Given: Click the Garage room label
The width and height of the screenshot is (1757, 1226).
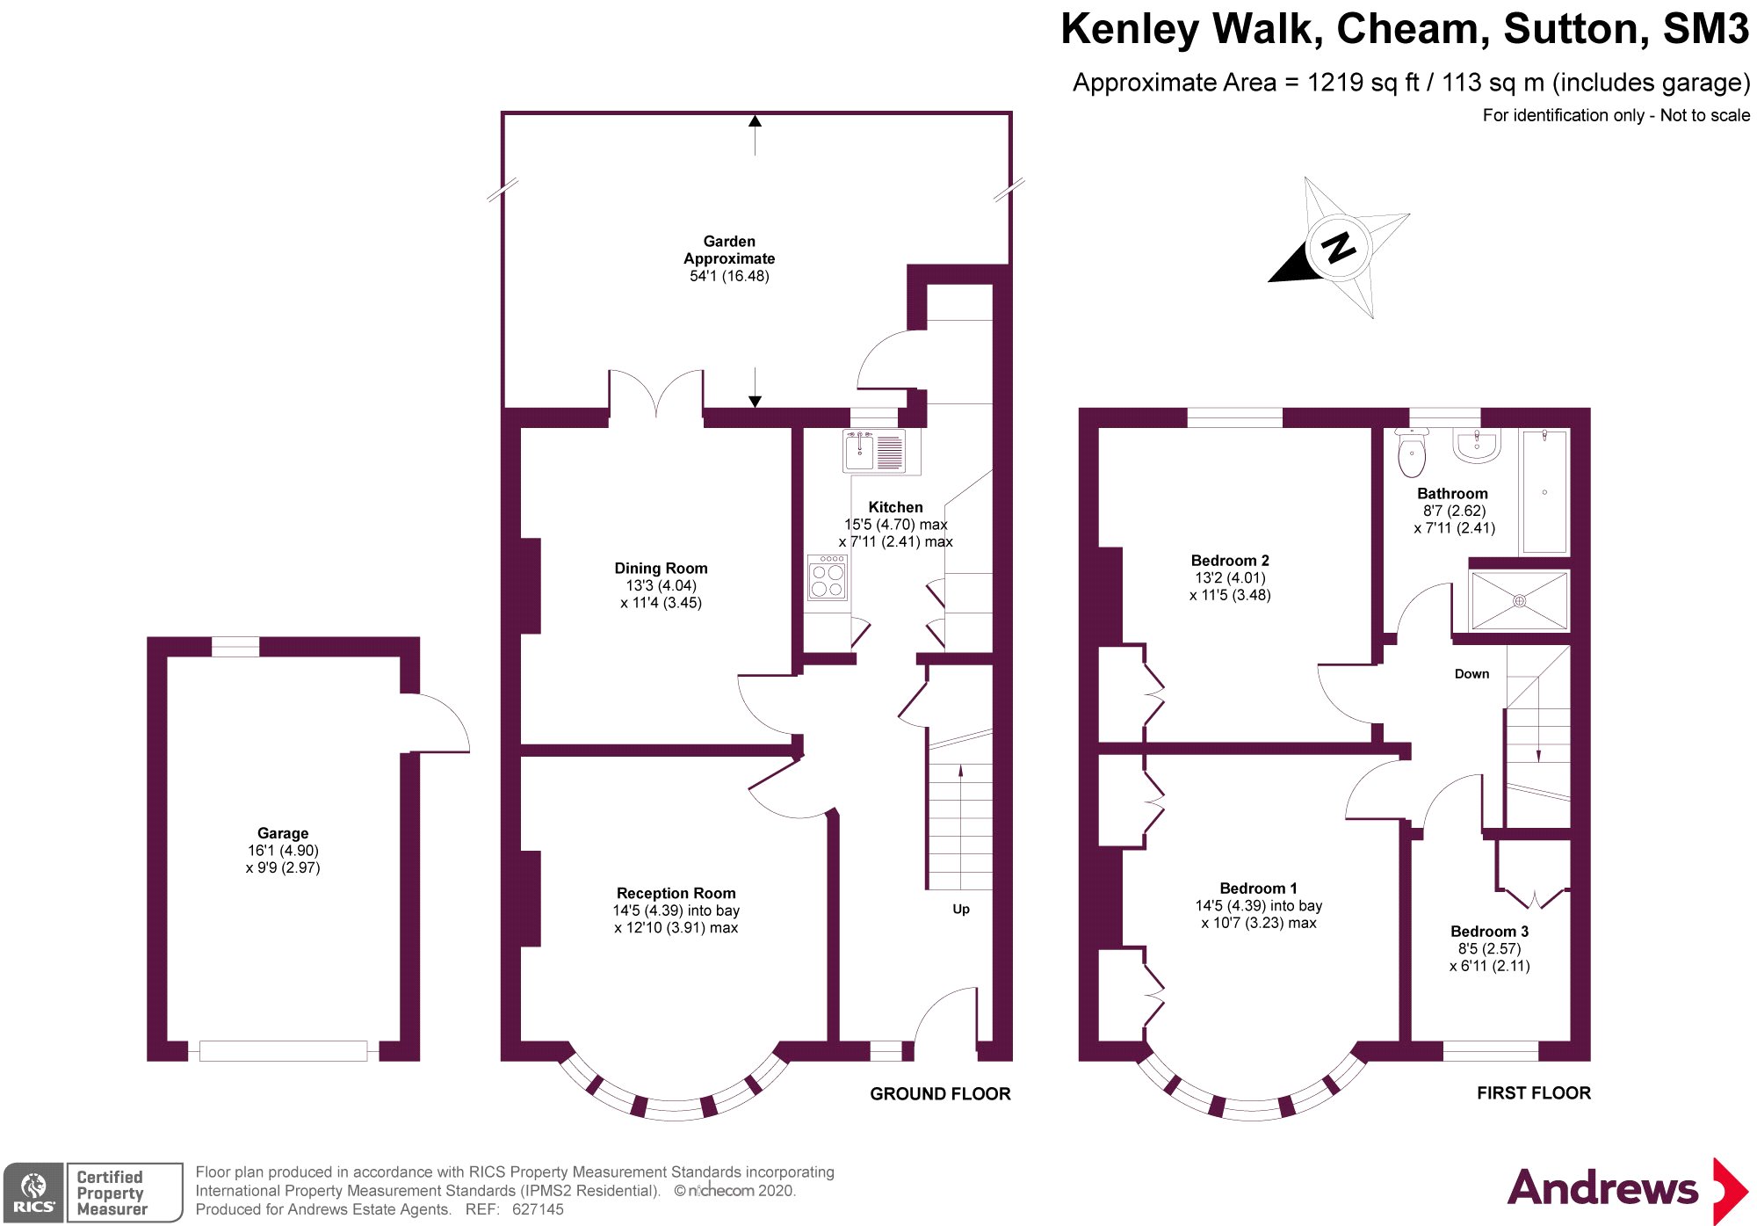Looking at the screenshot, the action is click(283, 833).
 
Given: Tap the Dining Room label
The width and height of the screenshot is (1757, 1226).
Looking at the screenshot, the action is click(661, 569).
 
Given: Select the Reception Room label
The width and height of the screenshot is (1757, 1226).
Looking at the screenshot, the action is click(676, 893).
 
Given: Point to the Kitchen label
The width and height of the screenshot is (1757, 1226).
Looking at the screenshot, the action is click(895, 507).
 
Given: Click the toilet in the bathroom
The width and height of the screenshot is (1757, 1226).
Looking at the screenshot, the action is click(1412, 452).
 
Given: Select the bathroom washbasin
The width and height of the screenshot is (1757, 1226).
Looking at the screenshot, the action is click(1477, 445).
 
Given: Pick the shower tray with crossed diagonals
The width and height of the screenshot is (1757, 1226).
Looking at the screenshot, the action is click(1519, 601).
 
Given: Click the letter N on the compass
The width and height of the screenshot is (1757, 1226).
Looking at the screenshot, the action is click(1340, 248).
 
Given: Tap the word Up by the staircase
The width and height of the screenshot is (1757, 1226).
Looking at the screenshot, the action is click(961, 910).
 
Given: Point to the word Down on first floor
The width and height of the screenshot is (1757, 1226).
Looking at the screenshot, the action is click(1471, 674).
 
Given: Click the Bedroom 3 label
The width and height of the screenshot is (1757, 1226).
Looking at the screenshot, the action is click(1489, 932).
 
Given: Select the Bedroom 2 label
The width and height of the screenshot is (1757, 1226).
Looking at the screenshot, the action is click(1230, 561).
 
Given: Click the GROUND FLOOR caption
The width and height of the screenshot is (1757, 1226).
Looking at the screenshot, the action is click(940, 1094).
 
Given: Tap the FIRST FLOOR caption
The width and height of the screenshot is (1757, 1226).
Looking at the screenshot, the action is click(1534, 1093).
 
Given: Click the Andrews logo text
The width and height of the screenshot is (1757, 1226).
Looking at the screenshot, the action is click(1602, 1188).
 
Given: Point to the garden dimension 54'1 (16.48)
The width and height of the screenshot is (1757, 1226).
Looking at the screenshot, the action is click(729, 276).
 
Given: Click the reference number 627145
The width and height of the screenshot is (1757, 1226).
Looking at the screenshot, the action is click(538, 1209).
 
